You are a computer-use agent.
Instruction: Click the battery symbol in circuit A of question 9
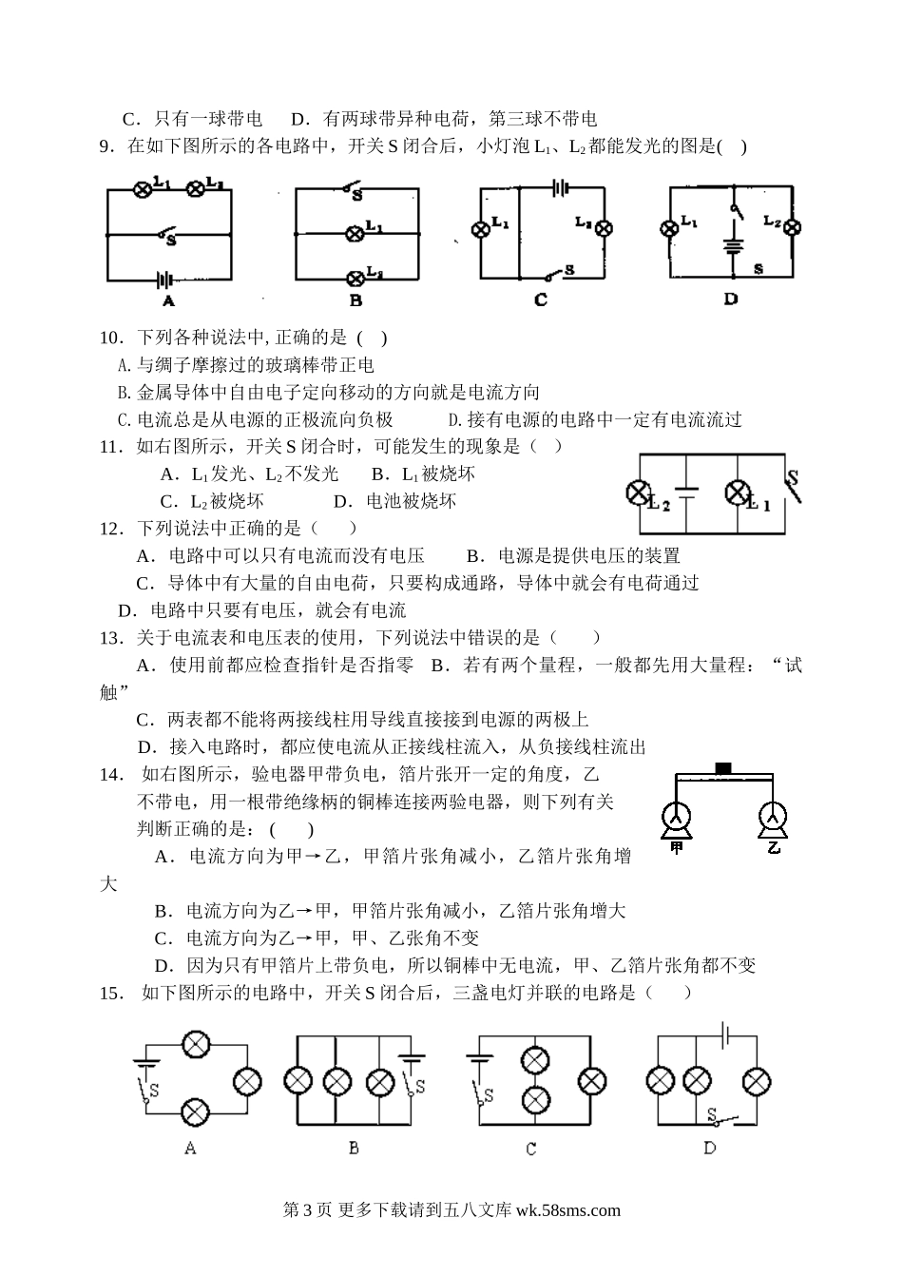164,280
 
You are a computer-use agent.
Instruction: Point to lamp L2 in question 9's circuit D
790,227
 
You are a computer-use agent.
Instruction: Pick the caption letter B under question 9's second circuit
355,300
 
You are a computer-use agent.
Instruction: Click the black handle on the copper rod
724,766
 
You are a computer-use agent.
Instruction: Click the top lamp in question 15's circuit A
196,1044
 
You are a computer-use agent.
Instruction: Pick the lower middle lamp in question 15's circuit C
536,1099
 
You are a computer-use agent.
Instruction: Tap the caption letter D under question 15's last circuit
709,1149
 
